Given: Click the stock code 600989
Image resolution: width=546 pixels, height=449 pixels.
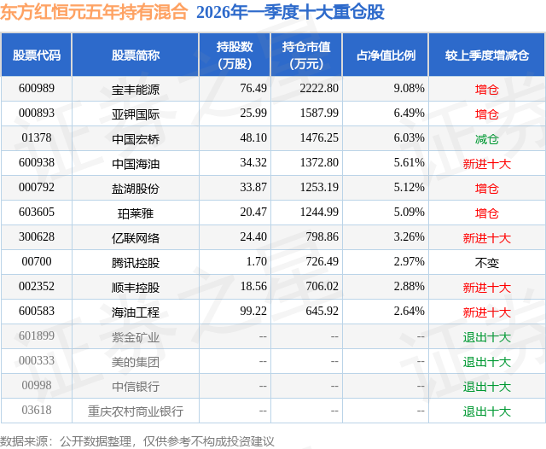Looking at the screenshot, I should (x=36, y=88).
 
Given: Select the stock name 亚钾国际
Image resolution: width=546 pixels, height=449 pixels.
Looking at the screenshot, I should (x=135, y=114).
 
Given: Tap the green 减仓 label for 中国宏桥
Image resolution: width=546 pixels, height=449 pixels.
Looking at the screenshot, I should (x=486, y=138).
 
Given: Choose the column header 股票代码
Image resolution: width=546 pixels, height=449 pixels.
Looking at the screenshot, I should (x=37, y=55).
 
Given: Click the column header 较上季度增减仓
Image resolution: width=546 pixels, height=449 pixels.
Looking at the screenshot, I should (x=486, y=55).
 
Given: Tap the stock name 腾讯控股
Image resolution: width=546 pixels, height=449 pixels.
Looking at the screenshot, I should (x=135, y=262).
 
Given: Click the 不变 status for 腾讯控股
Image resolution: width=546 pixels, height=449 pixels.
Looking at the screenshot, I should (x=486, y=262).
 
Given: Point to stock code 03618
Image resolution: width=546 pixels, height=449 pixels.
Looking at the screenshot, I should (x=36, y=411).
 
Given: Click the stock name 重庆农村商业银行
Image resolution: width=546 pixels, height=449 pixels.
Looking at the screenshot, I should (x=135, y=411).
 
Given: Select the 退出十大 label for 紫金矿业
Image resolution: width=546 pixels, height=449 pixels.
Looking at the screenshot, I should (x=486, y=337).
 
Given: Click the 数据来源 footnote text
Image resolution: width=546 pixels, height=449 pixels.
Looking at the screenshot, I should (x=136, y=440).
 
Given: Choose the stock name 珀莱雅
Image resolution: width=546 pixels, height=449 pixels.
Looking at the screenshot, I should (x=135, y=213).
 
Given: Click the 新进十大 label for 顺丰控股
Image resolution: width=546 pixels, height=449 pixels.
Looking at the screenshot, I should (x=486, y=288).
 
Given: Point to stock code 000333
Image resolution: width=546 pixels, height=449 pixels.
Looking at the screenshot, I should (x=36, y=362).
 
